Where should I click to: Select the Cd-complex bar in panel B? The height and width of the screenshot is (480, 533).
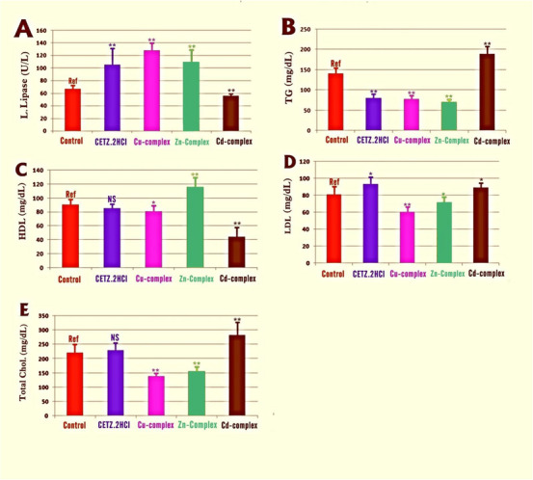(487, 93)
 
